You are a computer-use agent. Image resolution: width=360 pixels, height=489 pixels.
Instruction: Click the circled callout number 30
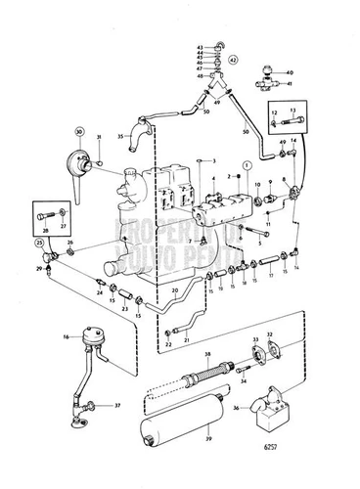point(77,131)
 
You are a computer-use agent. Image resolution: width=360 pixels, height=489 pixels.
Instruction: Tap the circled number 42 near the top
point(233,61)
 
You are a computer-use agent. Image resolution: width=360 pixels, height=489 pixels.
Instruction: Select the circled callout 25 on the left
point(38,241)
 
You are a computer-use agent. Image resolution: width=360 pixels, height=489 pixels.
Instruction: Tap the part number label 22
point(167,344)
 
